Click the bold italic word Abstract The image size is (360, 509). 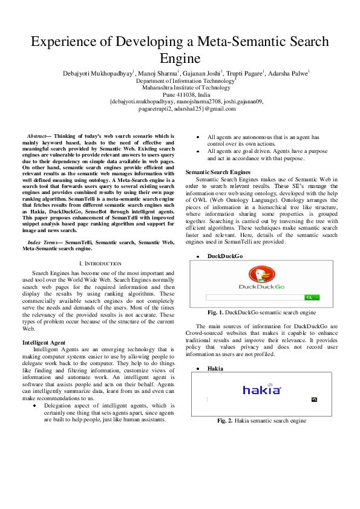pyautogui.click(x=40, y=137)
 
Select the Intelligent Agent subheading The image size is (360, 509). pyautogui.click(x=48, y=343)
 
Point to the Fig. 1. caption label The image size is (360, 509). pyautogui.click(x=216, y=313)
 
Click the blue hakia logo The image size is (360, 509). pyautogui.click(x=262, y=390)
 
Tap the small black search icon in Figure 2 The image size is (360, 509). pyautogui.click(x=314, y=400)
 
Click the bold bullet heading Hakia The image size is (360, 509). pyautogui.click(x=215, y=368)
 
